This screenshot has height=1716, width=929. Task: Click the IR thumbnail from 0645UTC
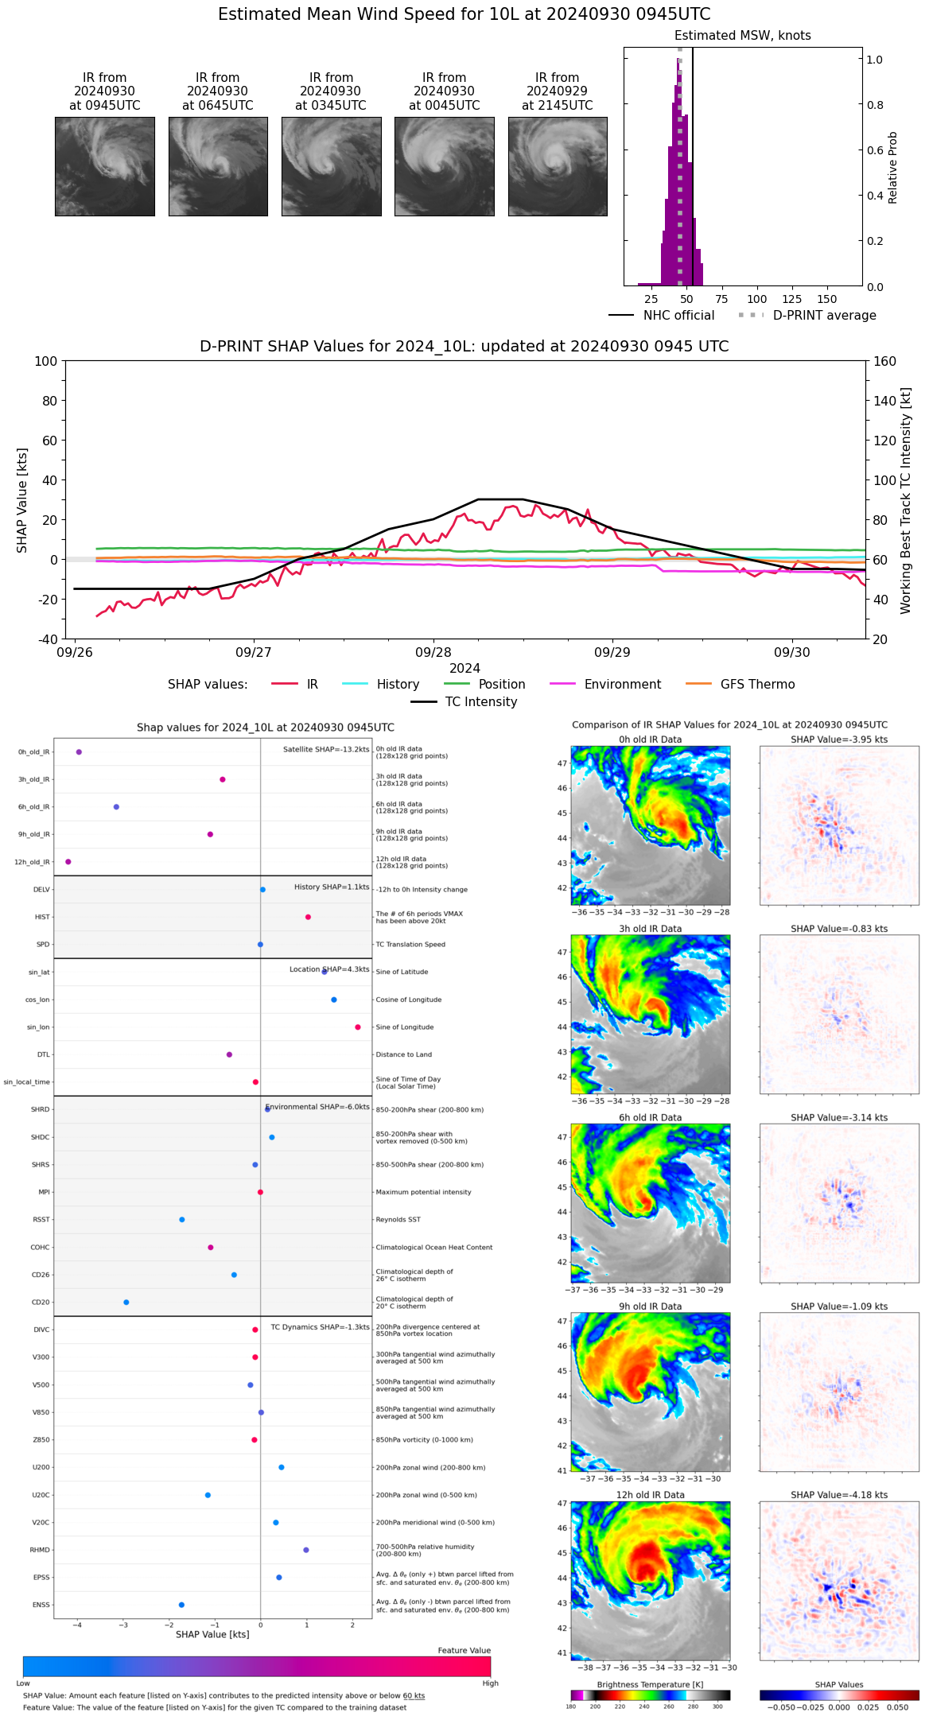[218, 166]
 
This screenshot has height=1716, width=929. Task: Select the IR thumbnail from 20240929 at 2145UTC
[558, 166]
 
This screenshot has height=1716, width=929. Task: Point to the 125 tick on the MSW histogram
[791, 299]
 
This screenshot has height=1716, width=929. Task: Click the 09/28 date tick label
[433, 652]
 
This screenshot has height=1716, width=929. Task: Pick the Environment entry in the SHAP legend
[622, 685]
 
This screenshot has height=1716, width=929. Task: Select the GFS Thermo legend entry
[757, 685]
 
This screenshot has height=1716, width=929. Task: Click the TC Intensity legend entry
[480, 702]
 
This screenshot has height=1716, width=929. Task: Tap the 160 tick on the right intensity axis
[884, 362]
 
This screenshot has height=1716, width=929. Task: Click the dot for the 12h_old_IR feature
[68, 862]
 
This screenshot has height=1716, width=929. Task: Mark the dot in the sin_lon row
[358, 1027]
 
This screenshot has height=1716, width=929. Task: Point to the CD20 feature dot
[126, 1303]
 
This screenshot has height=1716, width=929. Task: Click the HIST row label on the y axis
[42, 918]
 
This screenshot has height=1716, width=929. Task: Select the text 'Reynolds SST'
[398, 1220]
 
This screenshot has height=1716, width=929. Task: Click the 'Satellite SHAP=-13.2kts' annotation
[326, 750]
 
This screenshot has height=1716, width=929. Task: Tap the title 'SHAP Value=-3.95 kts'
[839, 740]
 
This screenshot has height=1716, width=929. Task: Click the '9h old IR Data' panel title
[650, 1306]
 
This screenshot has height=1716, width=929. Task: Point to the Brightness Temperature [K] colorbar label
[650, 1684]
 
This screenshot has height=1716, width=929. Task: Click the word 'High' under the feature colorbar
[490, 1683]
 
